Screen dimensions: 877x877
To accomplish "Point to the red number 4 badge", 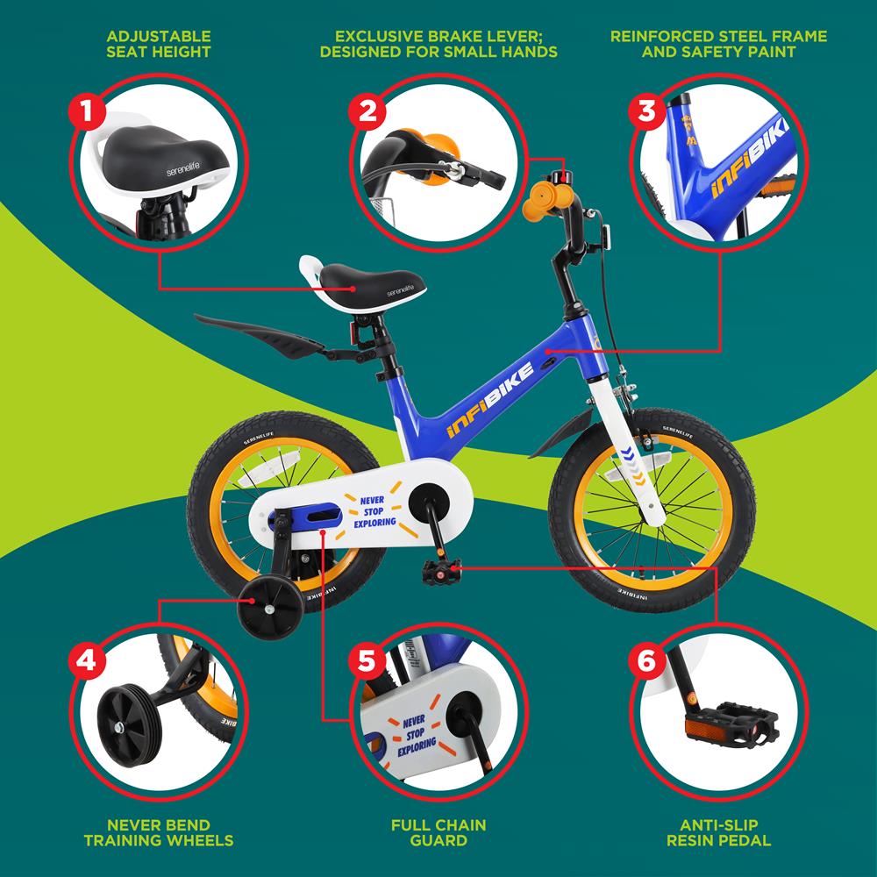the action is click(x=87, y=661).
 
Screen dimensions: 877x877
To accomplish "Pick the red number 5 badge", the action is click(x=367, y=661).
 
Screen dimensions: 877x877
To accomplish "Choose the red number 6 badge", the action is click(x=646, y=661).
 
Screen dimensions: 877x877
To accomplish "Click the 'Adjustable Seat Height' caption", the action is click(x=159, y=44).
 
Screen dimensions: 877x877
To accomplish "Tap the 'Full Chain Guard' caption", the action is click(x=438, y=832).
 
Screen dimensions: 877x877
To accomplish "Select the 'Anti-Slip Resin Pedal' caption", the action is click(x=719, y=832).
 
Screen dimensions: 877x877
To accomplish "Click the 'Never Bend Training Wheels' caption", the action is click(x=159, y=832).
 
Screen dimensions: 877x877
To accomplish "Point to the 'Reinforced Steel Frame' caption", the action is click(x=719, y=36).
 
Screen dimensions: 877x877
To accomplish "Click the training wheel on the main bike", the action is click(x=270, y=609).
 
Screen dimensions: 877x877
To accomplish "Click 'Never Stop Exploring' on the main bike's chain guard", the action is click(x=374, y=511).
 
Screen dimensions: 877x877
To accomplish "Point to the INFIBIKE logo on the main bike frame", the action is click(x=490, y=399).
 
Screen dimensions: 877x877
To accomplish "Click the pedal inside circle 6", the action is click(x=731, y=726).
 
